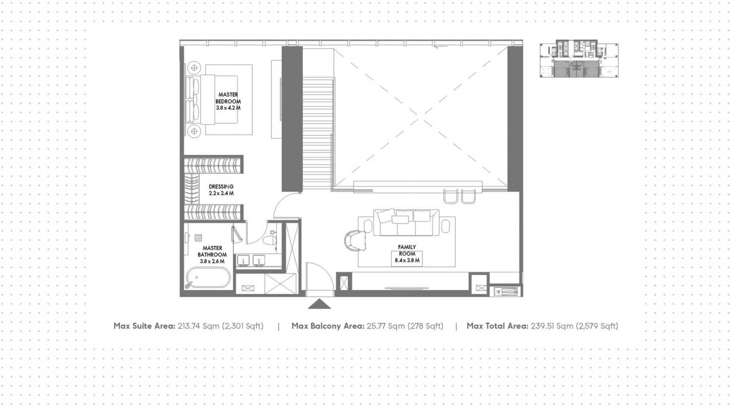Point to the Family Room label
[407, 250]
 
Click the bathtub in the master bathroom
[208, 279]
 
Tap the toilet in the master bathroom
[269, 240]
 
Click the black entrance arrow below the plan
[319, 304]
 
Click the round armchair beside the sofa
[355, 240]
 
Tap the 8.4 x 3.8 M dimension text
[407, 261]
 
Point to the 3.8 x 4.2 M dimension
[228, 108]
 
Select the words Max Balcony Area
[327, 326]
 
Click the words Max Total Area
[497, 326]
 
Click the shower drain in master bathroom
[198, 238]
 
